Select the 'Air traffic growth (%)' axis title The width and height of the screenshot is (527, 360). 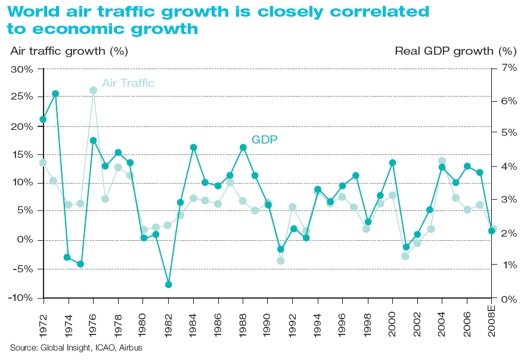(x=69, y=51)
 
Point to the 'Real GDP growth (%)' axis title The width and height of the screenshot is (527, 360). (x=455, y=51)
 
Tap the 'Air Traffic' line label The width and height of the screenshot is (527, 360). (x=128, y=83)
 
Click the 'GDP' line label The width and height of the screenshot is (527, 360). (x=265, y=139)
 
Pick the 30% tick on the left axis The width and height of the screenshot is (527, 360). (x=21, y=69)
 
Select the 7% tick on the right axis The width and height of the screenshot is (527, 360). (x=509, y=68)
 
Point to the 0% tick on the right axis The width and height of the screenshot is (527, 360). (x=509, y=299)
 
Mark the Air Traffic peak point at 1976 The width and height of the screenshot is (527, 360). (x=93, y=90)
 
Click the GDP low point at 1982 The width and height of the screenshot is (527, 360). (x=168, y=284)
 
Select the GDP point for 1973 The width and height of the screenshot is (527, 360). (x=55, y=94)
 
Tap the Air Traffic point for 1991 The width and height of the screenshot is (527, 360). (x=281, y=260)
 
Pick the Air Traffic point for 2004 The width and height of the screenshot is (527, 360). (x=442, y=161)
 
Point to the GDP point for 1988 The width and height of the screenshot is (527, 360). (x=243, y=147)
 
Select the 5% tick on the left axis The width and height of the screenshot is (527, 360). (x=23, y=210)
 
